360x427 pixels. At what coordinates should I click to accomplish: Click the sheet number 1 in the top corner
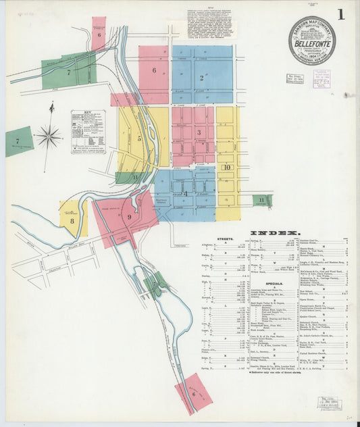341,14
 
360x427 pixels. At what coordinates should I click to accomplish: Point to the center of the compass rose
49,137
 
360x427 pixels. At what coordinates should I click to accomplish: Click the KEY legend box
88,132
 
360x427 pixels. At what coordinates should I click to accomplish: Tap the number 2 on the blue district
201,78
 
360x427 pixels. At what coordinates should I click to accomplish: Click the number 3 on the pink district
199,132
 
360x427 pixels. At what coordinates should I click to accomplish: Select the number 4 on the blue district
185,193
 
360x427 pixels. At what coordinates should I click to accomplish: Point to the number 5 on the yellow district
139,139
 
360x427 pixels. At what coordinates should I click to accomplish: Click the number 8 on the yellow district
71,220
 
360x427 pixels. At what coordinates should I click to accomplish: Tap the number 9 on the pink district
128,217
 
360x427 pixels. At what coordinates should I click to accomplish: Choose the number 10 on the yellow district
227,168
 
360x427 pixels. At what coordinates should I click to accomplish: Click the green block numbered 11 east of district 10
262,200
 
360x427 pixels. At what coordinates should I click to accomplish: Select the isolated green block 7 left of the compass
18,141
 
